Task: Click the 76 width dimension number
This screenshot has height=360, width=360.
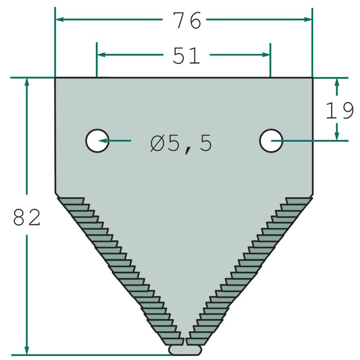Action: coord(187,20)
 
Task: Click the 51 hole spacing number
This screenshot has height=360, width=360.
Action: coord(186,55)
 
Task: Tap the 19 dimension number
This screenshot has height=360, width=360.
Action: coord(340,110)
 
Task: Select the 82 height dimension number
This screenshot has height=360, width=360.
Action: coord(27,217)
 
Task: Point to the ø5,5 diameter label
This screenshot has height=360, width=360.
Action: coord(181,144)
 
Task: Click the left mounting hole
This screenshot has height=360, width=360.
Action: coord(97,140)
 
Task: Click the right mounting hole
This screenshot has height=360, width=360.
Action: coord(271,140)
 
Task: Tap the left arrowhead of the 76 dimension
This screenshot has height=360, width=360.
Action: coord(60,19)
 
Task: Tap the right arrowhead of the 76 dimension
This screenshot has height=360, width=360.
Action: coord(308,19)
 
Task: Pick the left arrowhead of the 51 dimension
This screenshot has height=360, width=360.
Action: coord(101,54)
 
